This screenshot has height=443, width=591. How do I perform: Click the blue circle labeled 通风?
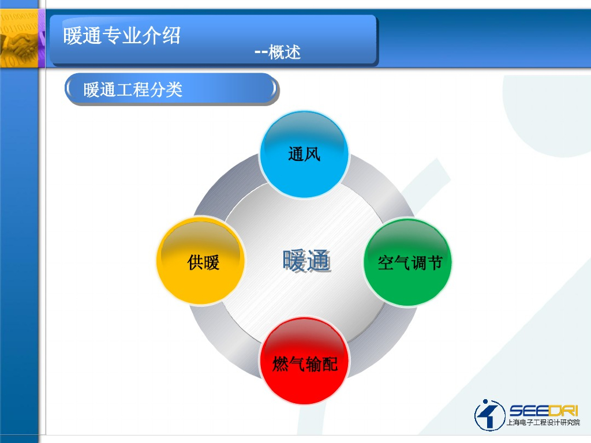pyautogui.click(x=304, y=154)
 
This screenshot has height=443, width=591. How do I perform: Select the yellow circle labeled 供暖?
pyautogui.click(x=201, y=261)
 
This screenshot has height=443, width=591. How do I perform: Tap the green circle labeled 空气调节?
pyautogui.click(x=408, y=262)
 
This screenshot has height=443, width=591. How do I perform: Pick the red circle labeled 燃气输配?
pyautogui.click(x=304, y=361)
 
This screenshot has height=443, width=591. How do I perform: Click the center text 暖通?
pyautogui.click(x=307, y=261)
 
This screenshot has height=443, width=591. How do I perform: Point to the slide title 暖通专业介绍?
pyautogui.click(x=122, y=36)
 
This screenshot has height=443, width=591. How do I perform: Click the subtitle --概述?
pyautogui.click(x=278, y=52)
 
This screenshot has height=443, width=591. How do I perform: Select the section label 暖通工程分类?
pyautogui.click(x=133, y=89)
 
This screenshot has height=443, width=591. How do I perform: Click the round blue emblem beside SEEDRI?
pyautogui.click(x=489, y=415)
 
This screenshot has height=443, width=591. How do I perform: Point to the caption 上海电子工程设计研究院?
pyautogui.click(x=543, y=422)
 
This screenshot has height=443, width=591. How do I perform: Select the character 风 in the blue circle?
pyautogui.click(x=312, y=154)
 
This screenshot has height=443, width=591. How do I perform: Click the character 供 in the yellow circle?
pyautogui.click(x=195, y=262)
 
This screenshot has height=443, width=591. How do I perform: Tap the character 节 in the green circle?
pyautogui.click(x=434, y=262)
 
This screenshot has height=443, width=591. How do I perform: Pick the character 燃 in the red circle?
pyautogui.click(x=280, y=364)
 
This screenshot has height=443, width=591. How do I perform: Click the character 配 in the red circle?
pyautogui.click(x=330, y=364)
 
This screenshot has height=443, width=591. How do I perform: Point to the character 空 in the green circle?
pyautogui.click(x=386, y=262)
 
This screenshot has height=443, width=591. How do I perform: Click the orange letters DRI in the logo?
pyautogui.click(x=563, y=411)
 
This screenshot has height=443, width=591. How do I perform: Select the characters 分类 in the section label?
pyautogui.click(x=166, y=89)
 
